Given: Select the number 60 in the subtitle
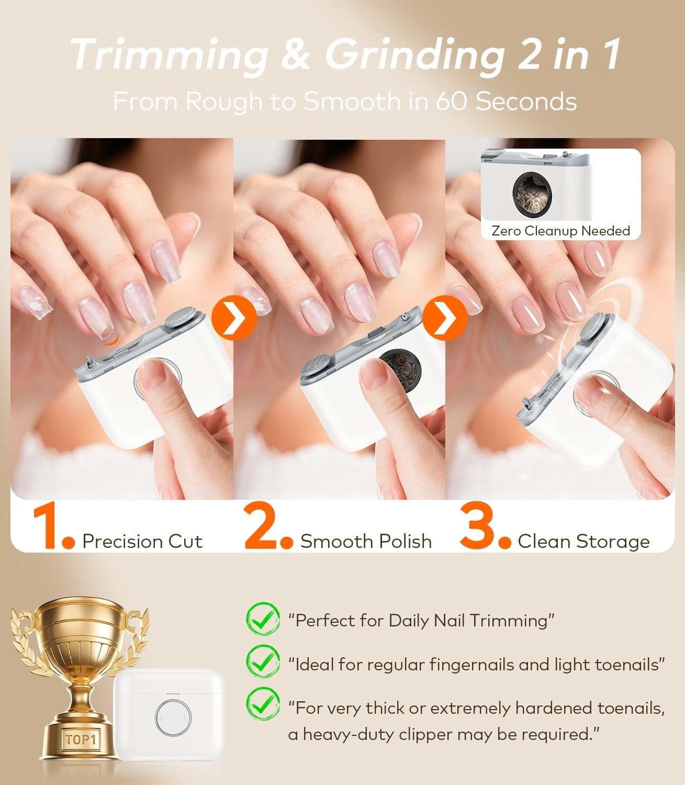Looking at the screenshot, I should [x=452, y=101].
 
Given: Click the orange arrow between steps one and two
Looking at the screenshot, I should [x=234, y=317].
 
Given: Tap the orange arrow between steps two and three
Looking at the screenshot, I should [x=445, y=317].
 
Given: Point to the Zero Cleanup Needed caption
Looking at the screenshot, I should [x=560, y=231].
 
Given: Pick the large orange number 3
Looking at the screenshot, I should [x=479, y=528].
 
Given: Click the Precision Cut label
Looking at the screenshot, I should [x=142, y=541].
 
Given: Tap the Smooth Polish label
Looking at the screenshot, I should [x=366, y=541].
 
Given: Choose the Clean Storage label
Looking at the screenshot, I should [x=583, y=541].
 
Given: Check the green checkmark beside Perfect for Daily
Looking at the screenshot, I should [x=262, y=619].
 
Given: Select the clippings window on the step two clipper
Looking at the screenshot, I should [x=396, y=368].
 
